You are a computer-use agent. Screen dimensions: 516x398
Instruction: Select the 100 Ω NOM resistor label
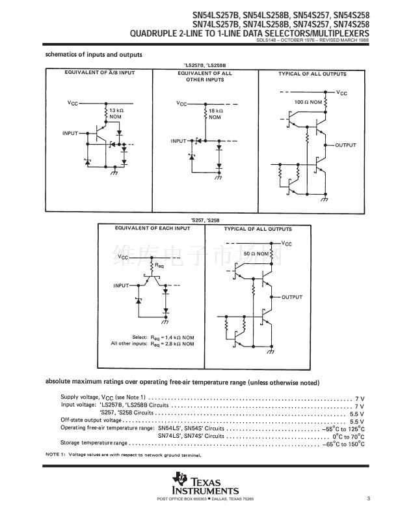click(x=308, y=103)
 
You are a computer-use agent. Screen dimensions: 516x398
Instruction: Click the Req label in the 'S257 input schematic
click(x=160, y=266)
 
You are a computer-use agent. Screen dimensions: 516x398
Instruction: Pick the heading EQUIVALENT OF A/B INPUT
click(x=100, y=73)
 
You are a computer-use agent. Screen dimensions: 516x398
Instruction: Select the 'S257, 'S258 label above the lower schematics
click(x=202, y=221)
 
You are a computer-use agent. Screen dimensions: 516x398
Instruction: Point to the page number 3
click(x=367, y=499)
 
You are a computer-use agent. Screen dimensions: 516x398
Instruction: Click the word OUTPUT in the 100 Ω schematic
click(x=345, y=144)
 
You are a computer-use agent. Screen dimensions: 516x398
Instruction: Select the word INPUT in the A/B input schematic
click(x=70, y=133)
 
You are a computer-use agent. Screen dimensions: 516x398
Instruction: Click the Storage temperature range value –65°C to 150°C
click(x=343, y=442)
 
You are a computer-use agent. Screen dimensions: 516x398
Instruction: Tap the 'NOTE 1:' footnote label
click(x=56, y=454)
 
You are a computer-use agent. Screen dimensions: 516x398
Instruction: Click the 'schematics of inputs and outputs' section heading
click(x=94, y=54)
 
